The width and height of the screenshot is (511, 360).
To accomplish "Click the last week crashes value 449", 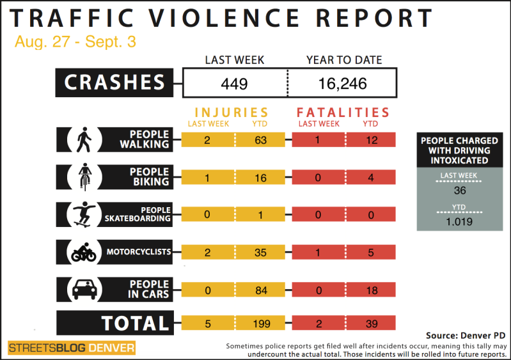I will point(235,82).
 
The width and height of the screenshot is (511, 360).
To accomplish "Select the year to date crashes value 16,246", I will point(343,82).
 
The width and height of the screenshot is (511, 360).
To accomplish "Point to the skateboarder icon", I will point(84,214).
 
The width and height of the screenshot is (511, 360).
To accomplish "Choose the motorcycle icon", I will point(84,252).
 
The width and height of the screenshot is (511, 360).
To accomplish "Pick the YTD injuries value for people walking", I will point(260,140).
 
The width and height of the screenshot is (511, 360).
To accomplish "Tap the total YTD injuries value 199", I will point(260,324).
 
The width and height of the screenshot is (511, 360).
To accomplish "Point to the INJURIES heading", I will point(232,113).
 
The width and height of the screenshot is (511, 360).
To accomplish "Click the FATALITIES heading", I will point(343,113).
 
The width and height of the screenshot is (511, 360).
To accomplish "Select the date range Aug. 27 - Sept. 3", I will point(75,43).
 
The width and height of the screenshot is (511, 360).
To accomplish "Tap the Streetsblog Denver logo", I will point(72,348).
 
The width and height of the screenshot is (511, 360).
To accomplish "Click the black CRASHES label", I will point(116,82).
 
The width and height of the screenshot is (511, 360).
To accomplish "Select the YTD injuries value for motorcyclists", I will point(260,252).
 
